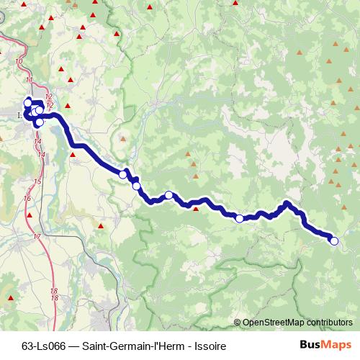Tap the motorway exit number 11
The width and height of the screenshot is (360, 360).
click(28, 79)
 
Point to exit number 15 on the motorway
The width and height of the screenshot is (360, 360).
click(37, 181)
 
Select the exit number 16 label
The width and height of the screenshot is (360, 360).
click(27, 198)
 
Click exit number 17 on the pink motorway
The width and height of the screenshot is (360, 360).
click(36, 236)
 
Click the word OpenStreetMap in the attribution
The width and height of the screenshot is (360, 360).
click(274, 323)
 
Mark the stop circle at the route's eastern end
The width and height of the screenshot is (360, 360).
click(333, 241)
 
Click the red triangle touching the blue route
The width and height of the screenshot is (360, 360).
click(196, 210)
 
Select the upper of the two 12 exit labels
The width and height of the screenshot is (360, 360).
click(48, 96)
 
